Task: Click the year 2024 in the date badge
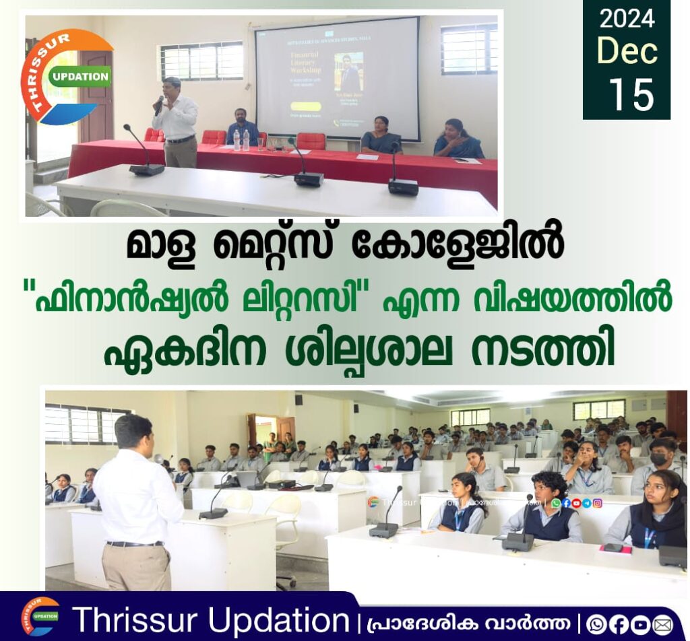(x=627, y=18)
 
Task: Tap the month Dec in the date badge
(x=627, y=52)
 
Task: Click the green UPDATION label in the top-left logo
(x=80, y=77)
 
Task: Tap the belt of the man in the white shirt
(x=135, y=543)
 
